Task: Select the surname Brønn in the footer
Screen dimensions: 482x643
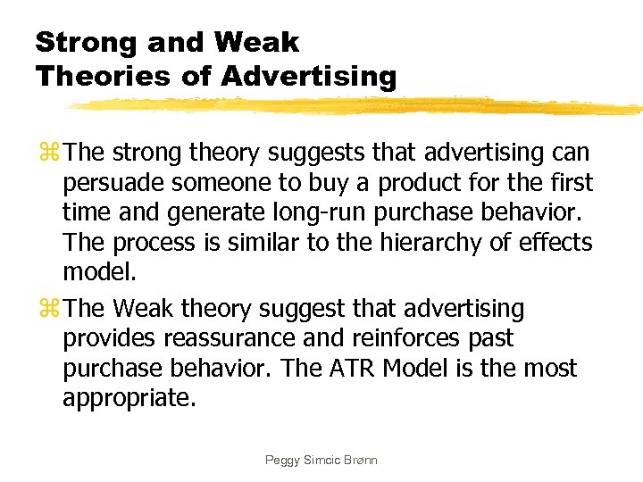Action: pos(357,461)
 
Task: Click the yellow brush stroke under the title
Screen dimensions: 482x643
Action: pos(357,106)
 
